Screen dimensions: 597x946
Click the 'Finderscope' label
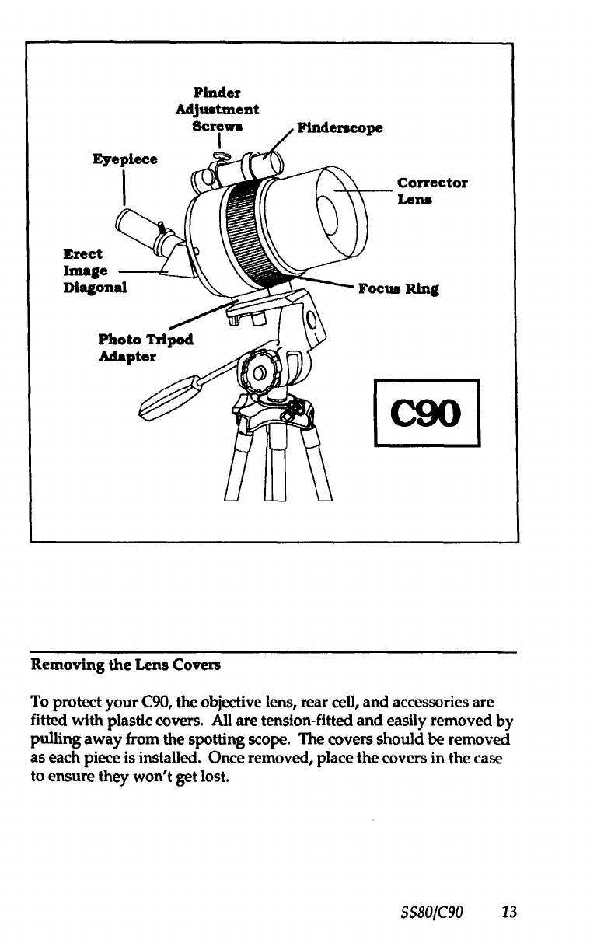point(340,128)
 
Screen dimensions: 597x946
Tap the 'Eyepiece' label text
point(125,159)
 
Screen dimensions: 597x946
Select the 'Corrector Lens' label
point(432,191)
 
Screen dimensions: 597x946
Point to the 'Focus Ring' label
point(399,289)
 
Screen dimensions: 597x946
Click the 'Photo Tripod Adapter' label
point(145,348)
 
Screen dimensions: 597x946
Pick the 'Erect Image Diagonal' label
point(95,271)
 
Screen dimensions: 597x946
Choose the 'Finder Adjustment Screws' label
point(217,110)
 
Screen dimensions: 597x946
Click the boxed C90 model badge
point(427,413)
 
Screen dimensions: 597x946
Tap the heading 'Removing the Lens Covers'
point(125,665)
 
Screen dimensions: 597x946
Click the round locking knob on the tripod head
point(258,372)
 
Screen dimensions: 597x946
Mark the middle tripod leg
point(275,463)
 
